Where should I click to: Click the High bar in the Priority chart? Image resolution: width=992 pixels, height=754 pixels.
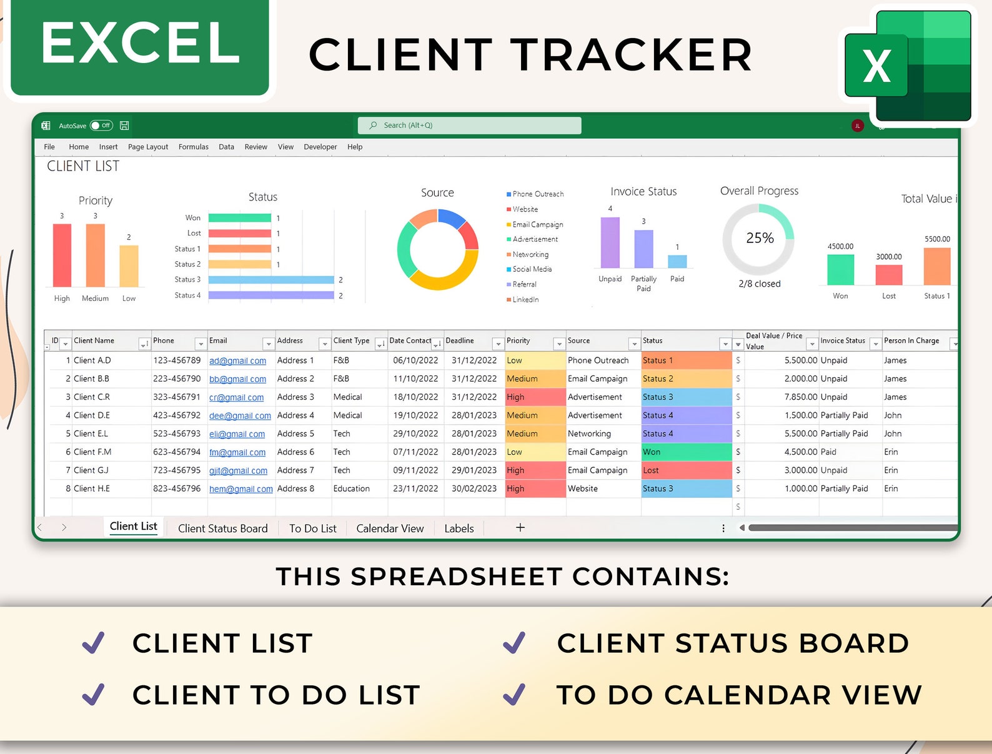click(x=62, y=255)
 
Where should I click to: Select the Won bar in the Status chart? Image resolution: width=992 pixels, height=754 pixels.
click(x=239, y=218)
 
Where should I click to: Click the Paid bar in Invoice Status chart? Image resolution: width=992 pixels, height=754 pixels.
click(x=677, y=261)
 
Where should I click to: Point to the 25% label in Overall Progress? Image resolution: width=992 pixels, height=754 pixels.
click(x=760, y=238)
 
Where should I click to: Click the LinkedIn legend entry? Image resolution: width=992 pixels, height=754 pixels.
click(x=525, y=300)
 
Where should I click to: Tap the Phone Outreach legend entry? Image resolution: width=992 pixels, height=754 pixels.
click(x=537, y=194)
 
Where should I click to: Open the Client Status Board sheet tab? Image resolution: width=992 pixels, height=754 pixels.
click(x=222, y=528)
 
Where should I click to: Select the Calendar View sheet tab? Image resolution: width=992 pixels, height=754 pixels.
click(x=390, y=528)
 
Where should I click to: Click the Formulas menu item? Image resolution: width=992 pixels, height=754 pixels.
click(x=193, y=147)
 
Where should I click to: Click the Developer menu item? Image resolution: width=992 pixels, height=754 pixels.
click(x=320, y=147)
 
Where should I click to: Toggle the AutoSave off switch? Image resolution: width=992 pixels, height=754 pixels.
click(x=101, y=126)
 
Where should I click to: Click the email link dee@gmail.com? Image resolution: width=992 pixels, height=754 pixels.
click(x=240, y=416)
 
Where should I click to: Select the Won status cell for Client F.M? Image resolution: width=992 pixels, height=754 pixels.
click(x=686, y=452)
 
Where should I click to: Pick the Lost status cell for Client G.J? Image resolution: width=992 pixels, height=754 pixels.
click(x=686, y=470)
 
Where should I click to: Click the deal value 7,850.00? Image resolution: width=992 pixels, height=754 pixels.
click(x=800, y=397)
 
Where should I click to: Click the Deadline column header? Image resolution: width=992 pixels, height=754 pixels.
click(x=460, y=341)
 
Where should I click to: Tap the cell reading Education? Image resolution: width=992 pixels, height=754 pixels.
click(x=352, y=489)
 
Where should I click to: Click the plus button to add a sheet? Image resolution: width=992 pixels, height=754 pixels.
click(x=520, y=528)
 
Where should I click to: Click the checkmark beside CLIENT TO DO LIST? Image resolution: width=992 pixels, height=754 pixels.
click(x=94, y=694)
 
